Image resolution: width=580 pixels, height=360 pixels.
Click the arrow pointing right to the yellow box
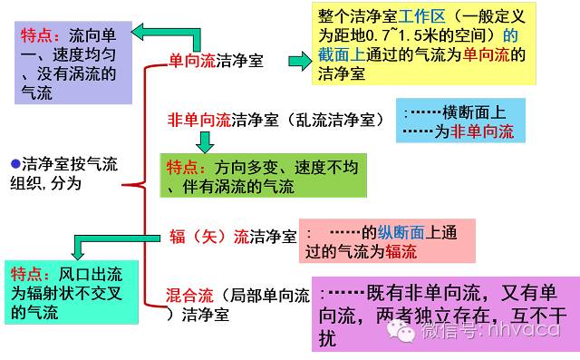pos(299,62)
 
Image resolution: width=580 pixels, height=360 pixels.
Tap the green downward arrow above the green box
pos(204,141)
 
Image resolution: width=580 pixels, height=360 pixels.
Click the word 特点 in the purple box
pos(41,36)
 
